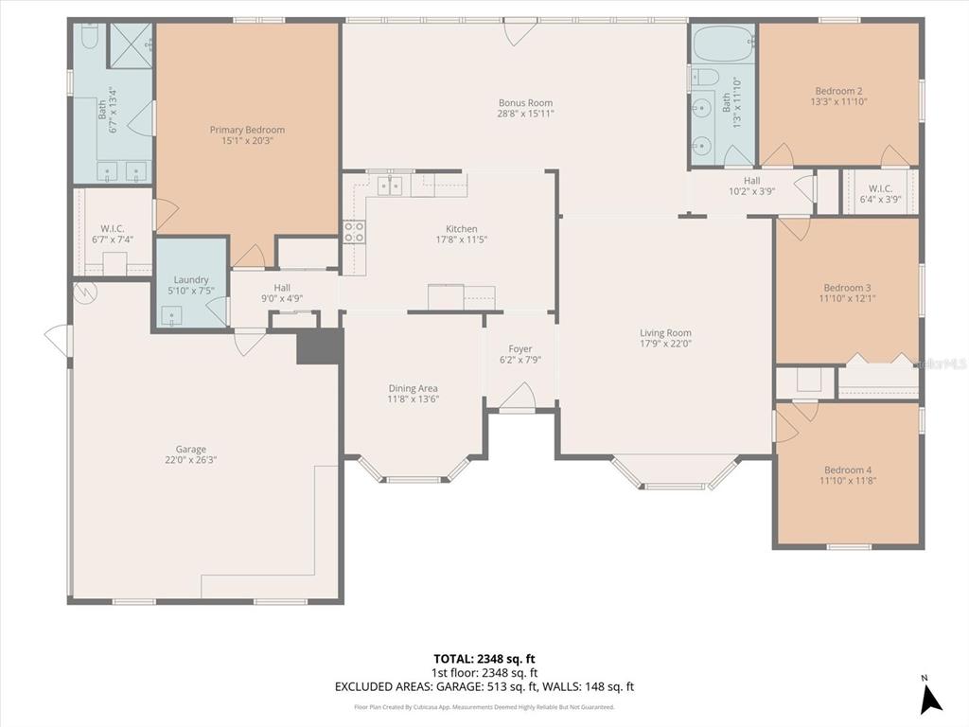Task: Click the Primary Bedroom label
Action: (246, 130)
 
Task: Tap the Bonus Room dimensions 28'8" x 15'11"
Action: (525, 114)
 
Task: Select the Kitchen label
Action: (462, 229)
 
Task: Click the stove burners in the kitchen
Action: (354, 232)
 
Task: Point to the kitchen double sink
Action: (389, 186)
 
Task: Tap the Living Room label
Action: (665, 332)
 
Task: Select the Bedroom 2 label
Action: (838, 91)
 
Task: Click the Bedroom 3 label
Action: (846, 288)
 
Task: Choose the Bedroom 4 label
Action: (846, 470)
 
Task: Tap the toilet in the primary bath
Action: (89, 36)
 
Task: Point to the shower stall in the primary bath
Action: (131, 44)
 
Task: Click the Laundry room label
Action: (191, 280)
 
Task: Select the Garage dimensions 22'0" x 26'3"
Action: (190, 460)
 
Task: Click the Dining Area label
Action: (413, 388)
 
